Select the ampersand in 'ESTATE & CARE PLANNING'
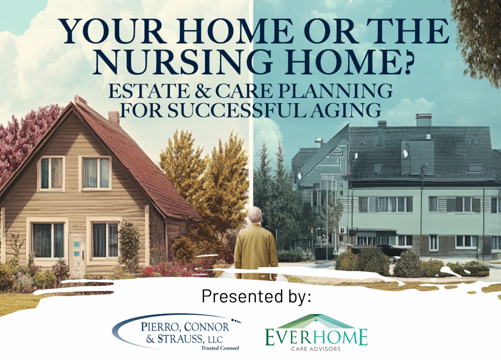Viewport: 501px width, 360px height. [x=203, y=91]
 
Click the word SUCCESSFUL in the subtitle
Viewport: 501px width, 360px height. [x=237, y=110]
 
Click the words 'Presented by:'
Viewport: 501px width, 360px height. [x=256, y=297]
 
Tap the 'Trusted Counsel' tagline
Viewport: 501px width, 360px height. [x=220, y=348]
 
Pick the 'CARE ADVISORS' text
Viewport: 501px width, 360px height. [x=316, y=349]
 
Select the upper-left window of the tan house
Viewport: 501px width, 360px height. [x=51, y=173]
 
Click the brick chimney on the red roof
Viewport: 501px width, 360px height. [x=114, y=117]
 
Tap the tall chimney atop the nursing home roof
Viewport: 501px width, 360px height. [x=424, y=120]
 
